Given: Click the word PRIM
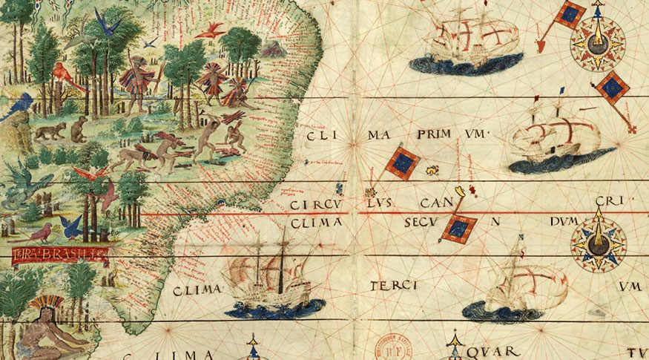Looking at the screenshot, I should tap(429, 134).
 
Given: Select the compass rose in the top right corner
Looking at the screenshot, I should tap(597, 42).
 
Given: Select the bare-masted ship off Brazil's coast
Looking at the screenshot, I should tap(275, 280).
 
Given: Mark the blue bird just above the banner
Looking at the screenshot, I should tap(72, 227).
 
